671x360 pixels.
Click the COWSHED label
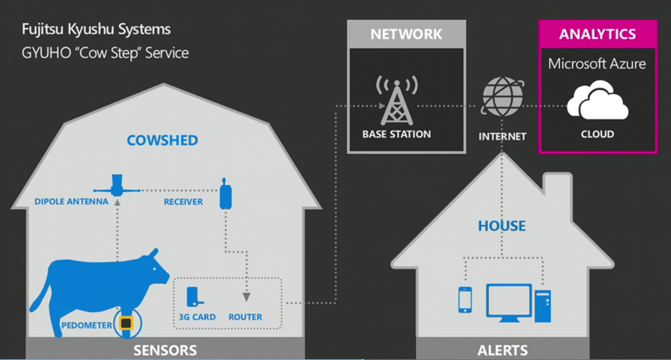(162, 140)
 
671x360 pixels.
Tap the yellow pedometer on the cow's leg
(126, 323)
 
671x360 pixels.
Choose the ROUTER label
(245, 317)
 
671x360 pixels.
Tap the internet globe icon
(502, 97)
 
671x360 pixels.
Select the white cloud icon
(598, 101)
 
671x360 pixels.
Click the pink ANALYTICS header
(598, 34)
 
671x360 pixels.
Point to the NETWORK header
(406, 34)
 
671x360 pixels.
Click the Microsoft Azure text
(597, 64)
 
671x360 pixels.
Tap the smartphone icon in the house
(465, 300)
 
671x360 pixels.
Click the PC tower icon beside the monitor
(543, 306)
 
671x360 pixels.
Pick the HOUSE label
(502, 226)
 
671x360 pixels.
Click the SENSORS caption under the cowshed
(165, 350)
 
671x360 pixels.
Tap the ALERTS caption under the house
(503, 350)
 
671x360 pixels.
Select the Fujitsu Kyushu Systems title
(96, 29)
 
